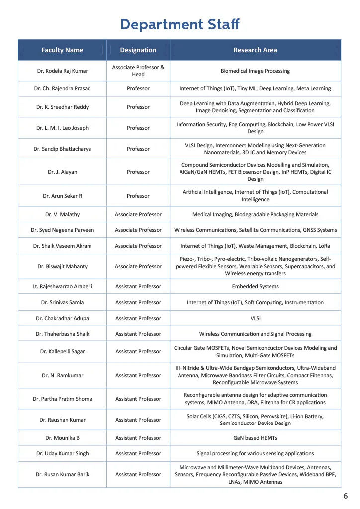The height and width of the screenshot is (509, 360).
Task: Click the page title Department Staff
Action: click(180, 24)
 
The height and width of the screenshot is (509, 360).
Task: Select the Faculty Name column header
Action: click(62, 50)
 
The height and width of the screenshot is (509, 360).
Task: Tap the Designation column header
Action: click(138, 50)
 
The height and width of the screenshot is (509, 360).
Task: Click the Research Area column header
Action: click(255, 50)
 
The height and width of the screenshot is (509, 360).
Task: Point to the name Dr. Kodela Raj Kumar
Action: click(62, 71)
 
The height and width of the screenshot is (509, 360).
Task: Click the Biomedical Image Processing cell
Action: click(255, 71)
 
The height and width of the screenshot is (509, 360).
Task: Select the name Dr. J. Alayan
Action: click(62, 172)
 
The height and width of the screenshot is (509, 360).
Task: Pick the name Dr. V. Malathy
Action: click(62, 214)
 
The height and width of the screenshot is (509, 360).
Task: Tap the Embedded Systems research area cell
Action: click(255, 286)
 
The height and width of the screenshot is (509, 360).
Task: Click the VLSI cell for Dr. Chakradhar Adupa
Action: click(255, 318)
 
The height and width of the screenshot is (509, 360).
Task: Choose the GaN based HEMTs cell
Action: click(255, 438)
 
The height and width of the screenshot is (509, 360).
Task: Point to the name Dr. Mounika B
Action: click(62, 438)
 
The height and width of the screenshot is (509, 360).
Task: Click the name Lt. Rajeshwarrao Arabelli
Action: click(62, 286)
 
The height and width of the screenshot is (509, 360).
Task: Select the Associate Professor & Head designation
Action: click(138, 71)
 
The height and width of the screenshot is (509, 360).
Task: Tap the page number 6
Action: click(345, 496)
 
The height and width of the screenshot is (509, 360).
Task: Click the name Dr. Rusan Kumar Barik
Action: click(62, 474)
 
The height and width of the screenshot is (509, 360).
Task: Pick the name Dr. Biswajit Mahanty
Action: click(62, 266)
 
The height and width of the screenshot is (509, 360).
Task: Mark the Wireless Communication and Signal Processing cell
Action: click(255, 334)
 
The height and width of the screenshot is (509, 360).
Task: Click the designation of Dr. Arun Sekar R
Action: click(138, 196)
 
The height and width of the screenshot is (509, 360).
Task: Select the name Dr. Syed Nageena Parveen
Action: click(62, 230)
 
